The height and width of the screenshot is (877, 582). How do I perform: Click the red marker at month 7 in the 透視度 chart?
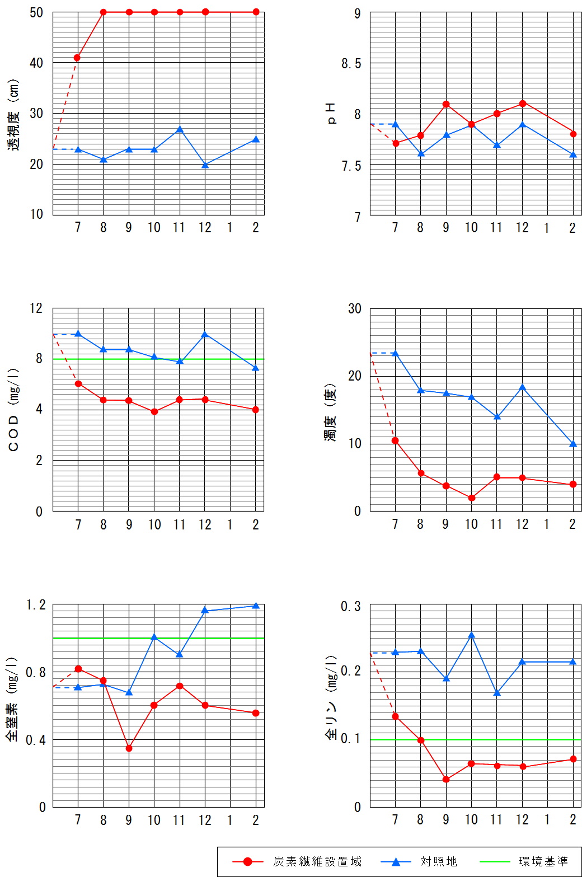pos(77,58)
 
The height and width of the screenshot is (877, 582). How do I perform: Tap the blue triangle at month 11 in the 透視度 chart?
pos(180,130)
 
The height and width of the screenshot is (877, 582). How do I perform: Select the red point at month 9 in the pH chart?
pos(446,104)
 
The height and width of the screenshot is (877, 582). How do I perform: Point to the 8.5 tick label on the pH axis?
pos(351,64)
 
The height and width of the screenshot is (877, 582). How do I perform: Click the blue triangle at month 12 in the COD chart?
pos(205,335)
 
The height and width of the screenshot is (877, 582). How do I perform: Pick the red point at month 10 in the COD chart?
pos(154,412)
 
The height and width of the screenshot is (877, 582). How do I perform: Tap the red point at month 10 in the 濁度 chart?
pos(472,498)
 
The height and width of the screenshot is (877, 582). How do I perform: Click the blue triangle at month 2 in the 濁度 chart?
pos(573,444)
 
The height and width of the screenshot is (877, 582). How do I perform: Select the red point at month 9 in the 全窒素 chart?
pos(129,748)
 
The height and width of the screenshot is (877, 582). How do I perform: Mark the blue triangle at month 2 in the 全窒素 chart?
pos(256,606)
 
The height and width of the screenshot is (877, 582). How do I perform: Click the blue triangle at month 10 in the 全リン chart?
pos(472,635)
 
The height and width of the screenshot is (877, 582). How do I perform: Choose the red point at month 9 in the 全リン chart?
pos(446,780)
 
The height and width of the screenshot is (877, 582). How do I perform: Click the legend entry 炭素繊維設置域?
pos(317,861)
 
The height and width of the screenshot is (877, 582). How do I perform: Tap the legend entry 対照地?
pos(438,861)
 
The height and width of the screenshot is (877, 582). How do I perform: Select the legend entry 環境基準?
pos(543,861)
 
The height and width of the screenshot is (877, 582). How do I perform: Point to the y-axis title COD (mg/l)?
pos(13,410)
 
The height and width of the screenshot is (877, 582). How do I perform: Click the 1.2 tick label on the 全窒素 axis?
pos(36,605)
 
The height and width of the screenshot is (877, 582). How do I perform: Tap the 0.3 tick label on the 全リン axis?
pos(351,607)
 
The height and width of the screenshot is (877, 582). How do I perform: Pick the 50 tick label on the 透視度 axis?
pos(36,13)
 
